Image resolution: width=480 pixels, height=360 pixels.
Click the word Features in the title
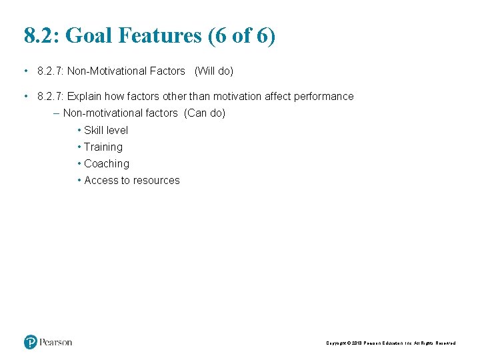pos(159,35)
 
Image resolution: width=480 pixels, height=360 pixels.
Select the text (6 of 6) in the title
pos(241,35)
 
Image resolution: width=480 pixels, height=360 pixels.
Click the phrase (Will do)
pos(213,71)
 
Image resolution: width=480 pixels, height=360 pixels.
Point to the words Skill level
pos(106,130)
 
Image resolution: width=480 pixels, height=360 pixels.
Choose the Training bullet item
pos(103,147)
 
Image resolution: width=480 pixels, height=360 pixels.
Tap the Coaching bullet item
pos(107,163)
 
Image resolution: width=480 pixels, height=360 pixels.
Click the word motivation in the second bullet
pos(238,96)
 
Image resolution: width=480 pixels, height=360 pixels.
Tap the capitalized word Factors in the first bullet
pos(167,71)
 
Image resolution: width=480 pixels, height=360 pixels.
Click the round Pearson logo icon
pos(31,342)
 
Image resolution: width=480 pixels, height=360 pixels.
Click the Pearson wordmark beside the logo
pos(55,342)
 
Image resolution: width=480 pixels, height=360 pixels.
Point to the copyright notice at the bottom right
pos(391,343)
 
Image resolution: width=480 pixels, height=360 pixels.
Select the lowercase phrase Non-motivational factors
pos(120,113)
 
